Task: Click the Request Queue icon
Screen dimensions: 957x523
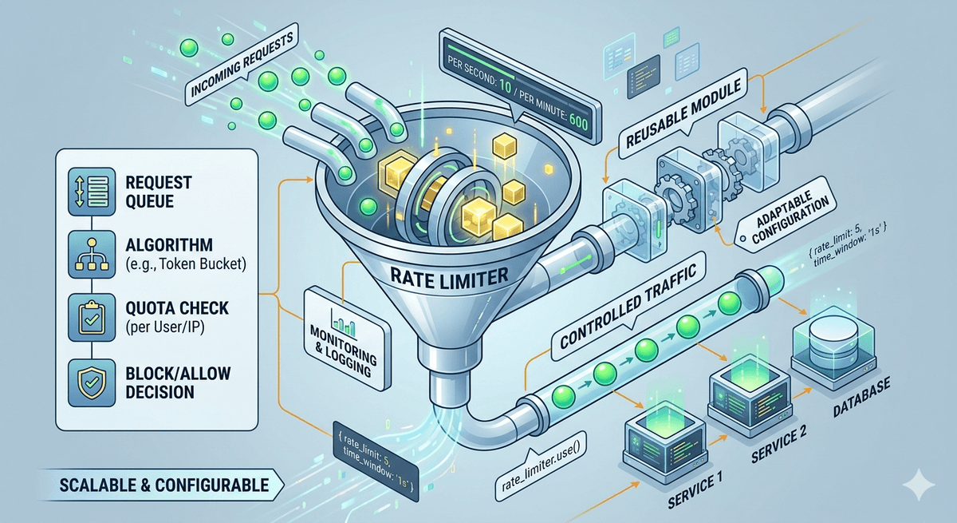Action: [x=92, y=191]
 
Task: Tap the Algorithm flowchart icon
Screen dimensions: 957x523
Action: [x=92, y=255]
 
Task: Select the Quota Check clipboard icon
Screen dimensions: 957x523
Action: [x=92, y=317]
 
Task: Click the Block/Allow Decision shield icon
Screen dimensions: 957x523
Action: [x=92, y=382]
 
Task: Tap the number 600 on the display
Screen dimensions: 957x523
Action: [x=578, y=122]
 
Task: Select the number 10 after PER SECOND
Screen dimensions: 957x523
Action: [x=505, y=87]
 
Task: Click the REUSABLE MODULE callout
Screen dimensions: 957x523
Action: [x=683, y=113]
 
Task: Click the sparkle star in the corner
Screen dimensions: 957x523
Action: [x=919, y=485]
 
